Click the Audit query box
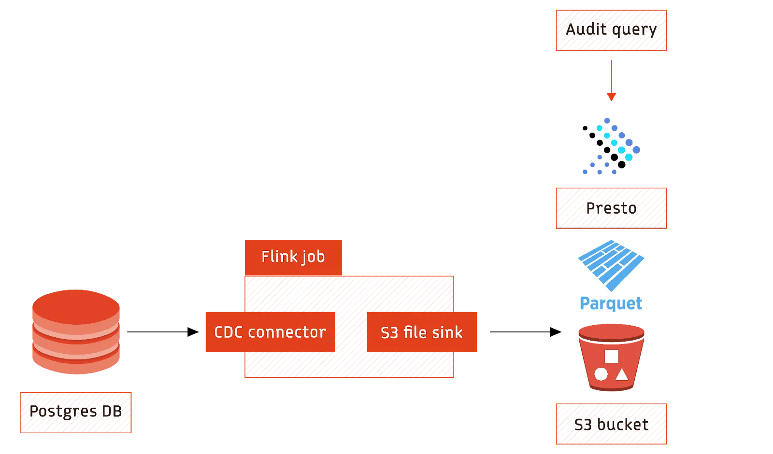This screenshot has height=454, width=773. [x=611, y=30]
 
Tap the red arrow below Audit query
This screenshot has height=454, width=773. [x=612, y=80]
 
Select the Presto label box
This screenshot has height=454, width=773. [x=611, y=208]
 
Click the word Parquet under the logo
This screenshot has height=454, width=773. [x=611, y=303]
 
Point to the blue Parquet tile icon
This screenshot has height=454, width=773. [x=611, y=265]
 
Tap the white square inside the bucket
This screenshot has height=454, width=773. [x=612, y=356]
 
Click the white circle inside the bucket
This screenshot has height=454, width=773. [x=601, y=374]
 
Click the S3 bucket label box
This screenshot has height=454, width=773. [x=611, y=424]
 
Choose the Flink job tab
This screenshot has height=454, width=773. [x=293, y=257]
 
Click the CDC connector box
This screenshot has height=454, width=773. [x=270, y=332]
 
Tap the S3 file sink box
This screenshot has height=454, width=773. [x=422, y=332]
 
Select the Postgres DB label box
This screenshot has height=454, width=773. [x=77, y=413]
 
